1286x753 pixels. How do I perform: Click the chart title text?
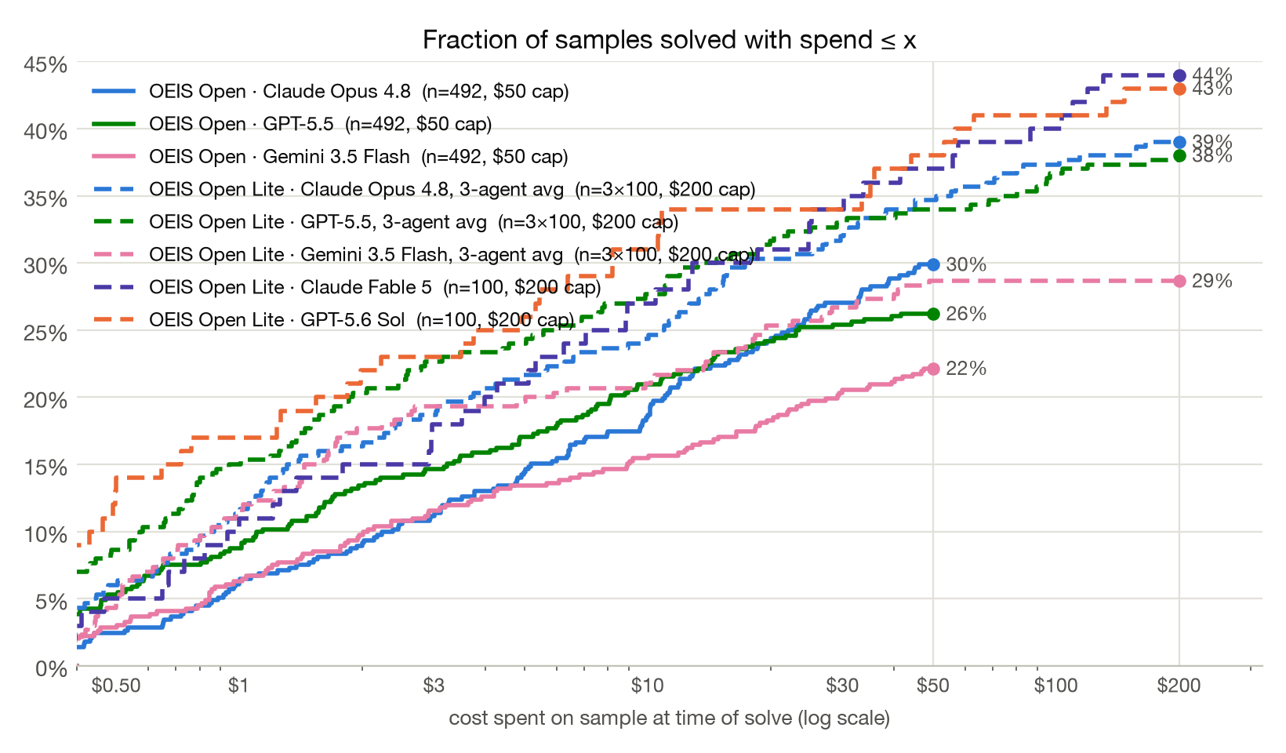pyautogui.click(x=670, y=40)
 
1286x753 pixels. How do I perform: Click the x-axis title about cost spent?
pyautogui.click(x=670, y=718)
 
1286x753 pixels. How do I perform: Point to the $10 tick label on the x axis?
pyautogui.click(x=647, y=686)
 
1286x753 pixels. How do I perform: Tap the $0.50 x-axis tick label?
pyautogui.click(x=116, y=686)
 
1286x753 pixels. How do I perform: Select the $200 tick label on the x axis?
pyautogui.click(x=1179, y=686)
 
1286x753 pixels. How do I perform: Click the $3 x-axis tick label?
pyautogui.click(x=434, y=686)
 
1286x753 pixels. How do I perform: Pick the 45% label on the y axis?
pyautogui.click(x=45, y=65)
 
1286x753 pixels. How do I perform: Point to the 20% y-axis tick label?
pyautogui.click(x=45, y=400)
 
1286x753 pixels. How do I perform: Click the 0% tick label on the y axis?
pyautogui.click(x=51, y=668)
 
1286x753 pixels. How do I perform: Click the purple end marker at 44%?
pyautogui.click(x=1179, y=75)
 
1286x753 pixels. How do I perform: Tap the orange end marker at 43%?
pyautogui.click(x=1179, y=89)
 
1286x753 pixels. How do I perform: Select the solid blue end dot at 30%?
pyautogui.click(x=933, y=265)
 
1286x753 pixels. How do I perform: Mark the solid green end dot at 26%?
pyautogui.click(x=933, y=314)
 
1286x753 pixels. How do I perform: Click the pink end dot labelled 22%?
pyautogui.click(x=933, y=369)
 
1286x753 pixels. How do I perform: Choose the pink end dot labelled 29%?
pyautogui.click(x=1179, y=281)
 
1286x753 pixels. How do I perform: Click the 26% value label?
pyautogui.click(x=966, y=315)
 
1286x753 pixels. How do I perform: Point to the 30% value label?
pyautogui.click(x=966, y=265)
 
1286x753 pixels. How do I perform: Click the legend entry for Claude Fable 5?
pyautogui.click(x=347, y=287)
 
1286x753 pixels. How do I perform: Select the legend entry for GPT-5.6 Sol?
pyautogui.click(x=333, y=320)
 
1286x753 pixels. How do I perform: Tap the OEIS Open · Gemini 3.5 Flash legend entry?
pyautogui.click(x=330, y=157)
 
